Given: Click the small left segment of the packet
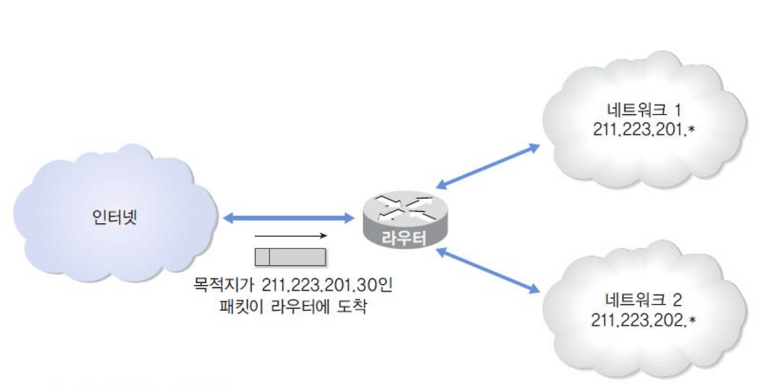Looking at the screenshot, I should [262, 256].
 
